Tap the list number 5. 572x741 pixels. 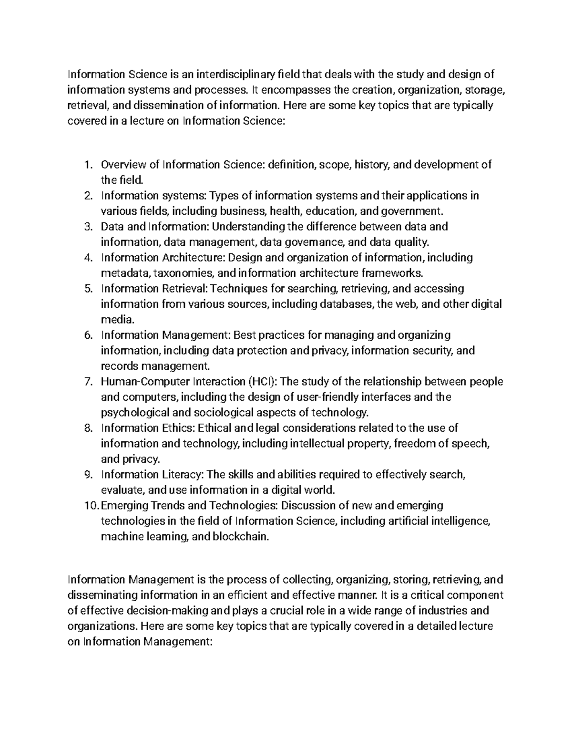[x=87, y=289]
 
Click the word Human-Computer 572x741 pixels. [x=146, y=382]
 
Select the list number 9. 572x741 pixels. [x=87, y=475]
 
